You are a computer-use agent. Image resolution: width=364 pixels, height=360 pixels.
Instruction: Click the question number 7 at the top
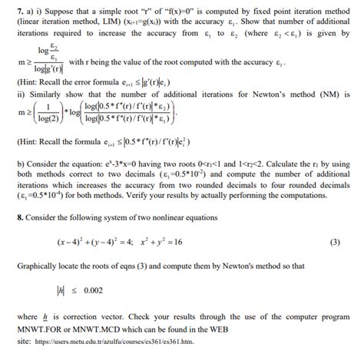coord(9,8)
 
